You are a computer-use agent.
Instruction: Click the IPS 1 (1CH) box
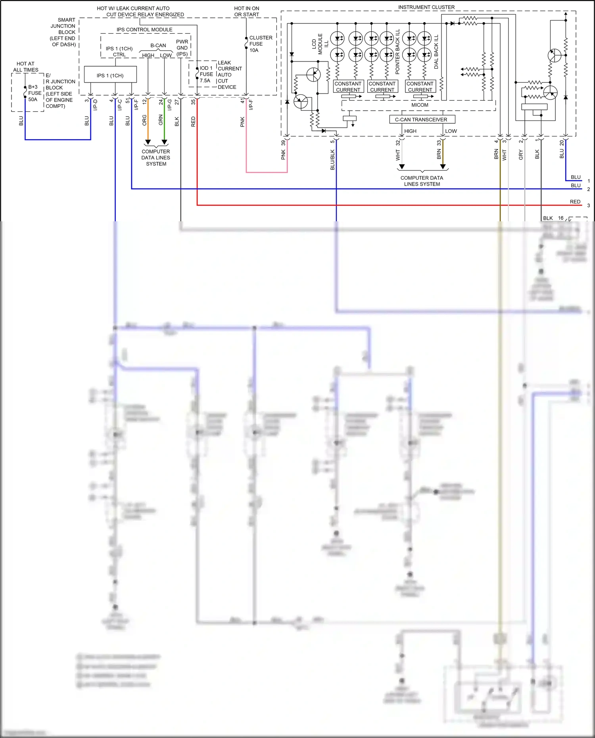[110, 75]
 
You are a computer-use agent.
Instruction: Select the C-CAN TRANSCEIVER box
[422, 119]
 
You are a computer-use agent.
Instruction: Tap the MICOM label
[420, 105]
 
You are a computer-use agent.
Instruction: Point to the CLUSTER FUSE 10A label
[260, 44]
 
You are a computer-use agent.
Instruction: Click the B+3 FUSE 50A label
[34, 93]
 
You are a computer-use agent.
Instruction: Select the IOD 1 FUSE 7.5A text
[206, 74]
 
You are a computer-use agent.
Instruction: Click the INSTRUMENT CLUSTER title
[426, 7]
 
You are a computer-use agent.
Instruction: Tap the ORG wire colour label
[144, 120]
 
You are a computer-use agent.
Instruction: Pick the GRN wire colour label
[161, 120]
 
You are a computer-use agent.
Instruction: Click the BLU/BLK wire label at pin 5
[332, 160]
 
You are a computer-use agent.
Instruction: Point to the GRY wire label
[521, 155]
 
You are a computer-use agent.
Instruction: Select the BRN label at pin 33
[439, 154]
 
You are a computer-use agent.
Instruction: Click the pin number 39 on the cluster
[283, 143]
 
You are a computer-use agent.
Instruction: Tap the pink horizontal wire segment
[267, 172]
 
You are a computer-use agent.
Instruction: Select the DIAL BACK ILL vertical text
[436, 52]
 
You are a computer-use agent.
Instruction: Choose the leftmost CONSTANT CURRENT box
[348, 86]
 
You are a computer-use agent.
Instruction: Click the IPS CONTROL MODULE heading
[144, 30]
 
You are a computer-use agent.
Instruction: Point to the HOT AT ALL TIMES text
[25, 67]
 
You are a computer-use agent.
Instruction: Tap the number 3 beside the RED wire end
[588, 205]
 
